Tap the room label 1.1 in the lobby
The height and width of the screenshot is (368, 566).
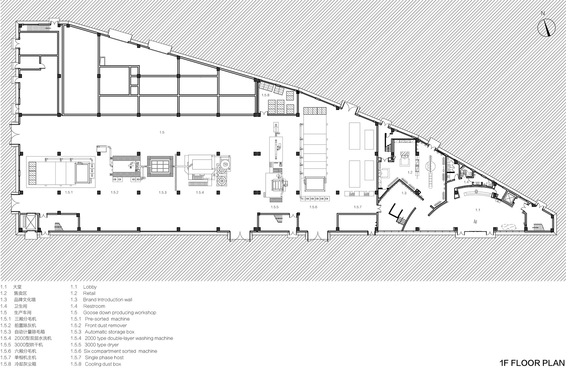(x=477, y=210)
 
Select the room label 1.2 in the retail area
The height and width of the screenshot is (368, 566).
(x=410, y=172)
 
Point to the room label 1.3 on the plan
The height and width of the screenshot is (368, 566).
(x=404, y=193)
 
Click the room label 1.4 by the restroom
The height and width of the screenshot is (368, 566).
(x=466, y=182)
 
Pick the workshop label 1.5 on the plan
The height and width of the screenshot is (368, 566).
(x=162, y=132)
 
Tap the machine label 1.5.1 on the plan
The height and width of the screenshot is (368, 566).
(x=69, y=192)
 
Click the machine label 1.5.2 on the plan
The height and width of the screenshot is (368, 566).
(x=115, y=192)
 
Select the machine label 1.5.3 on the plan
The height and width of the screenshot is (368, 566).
(x=163, y=192)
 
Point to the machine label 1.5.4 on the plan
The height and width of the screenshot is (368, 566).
(x=200, y=192)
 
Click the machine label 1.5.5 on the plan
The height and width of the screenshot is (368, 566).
(x=275, y=207)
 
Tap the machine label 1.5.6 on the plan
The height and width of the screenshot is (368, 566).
(x=313, y=207)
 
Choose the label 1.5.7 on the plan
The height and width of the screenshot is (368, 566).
(x=358, y=207)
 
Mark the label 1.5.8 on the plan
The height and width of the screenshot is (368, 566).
(x=266, y=95)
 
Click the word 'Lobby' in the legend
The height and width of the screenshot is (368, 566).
(x=90, y=287)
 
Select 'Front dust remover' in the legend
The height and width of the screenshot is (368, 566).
(x=106, y=326)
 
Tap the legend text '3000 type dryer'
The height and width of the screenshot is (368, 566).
(x=102, y=345)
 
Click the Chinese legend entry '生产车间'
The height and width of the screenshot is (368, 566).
(x=23, y=313)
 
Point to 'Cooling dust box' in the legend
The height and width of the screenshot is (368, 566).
(x=103, y=364)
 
